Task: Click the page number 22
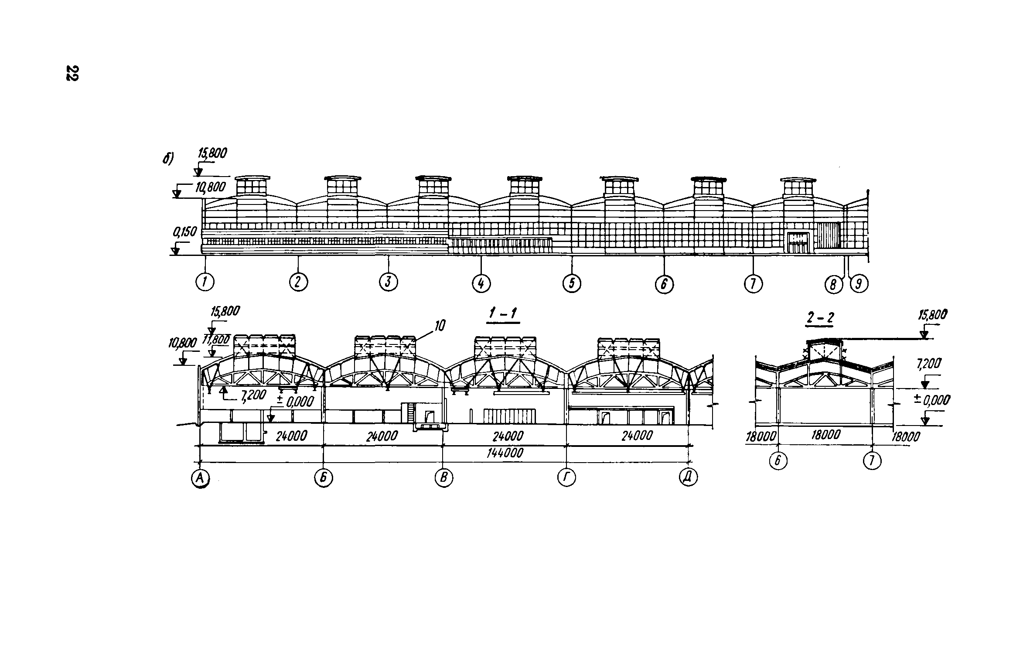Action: (72, 73)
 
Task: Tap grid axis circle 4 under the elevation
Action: (481, 284)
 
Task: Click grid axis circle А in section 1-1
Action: (200, 479)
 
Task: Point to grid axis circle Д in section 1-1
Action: (688, 479)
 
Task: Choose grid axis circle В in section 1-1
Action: (444, 479)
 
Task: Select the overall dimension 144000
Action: (505, 453)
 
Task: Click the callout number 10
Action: (440, 325)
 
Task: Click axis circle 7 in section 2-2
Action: (872, 461)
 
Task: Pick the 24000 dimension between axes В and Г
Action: (508, 436)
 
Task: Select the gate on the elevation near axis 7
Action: (798, 242)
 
